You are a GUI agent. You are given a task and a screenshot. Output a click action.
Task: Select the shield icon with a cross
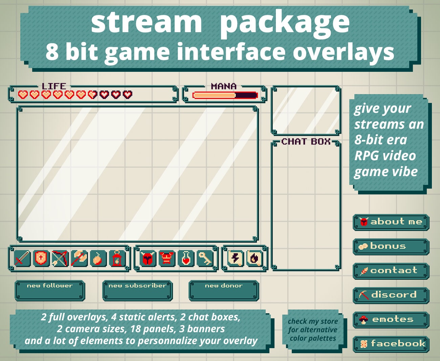[41, 259]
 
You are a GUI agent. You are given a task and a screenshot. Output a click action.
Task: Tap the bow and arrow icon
[60, 259]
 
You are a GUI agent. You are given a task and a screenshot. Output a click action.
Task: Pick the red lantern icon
[117, 259]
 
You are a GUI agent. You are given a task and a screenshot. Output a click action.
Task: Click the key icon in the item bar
[205, 259]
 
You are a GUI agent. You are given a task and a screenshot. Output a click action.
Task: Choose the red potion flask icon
[186, 259]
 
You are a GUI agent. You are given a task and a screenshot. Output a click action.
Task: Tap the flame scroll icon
[254, 259]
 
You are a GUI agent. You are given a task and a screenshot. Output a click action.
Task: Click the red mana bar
[225, 95]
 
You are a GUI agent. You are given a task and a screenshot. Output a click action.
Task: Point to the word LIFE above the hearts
[54, 86]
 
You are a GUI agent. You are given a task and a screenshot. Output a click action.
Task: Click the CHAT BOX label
[306, 142]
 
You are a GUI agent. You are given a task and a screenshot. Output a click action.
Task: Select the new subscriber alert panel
[137, 291]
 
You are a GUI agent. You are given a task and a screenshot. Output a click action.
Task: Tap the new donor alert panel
[224, 291]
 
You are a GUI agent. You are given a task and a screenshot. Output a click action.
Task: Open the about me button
[391, 222]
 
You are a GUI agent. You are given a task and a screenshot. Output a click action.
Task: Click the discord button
[391, 295]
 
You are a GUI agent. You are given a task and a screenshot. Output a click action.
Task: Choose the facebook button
[391, 344]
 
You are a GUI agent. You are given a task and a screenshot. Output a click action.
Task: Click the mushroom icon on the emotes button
[364, 319]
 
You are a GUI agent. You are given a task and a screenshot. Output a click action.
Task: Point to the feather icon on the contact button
[364, 271]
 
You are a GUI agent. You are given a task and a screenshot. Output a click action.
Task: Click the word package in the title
[284, 22]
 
